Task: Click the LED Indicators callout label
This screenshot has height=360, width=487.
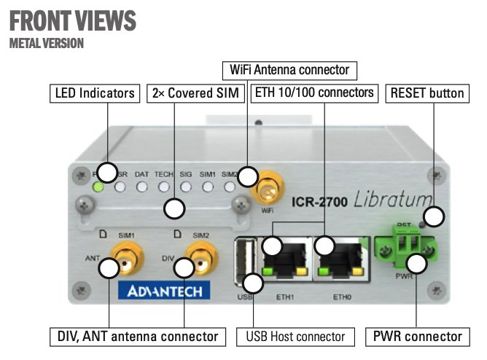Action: coord(95,93)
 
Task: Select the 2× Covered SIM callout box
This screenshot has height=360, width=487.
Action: coord(195,93)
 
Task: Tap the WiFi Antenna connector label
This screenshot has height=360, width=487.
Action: coord(289,71)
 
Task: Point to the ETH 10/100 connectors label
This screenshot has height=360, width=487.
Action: coord(315,93)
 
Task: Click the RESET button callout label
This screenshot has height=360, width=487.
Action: coord(426,93)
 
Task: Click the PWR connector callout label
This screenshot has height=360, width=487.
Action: coord(417,336)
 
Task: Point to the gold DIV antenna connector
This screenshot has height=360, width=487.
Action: coord(202,257)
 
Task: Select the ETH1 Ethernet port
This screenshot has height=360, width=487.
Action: coord(285,259)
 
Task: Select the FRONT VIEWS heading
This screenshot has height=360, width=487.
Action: coord(74,20)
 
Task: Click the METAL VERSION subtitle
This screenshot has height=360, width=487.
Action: coord(47,44)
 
